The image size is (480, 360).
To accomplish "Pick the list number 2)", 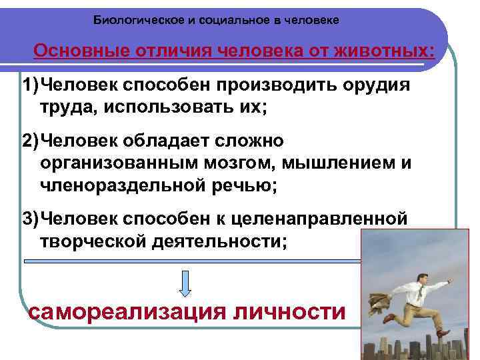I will [x=30, y=141].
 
